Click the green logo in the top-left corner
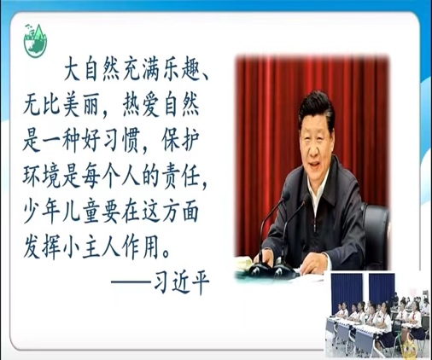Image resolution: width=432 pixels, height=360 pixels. coord(35,41)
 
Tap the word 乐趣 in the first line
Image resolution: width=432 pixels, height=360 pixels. coord(178,72)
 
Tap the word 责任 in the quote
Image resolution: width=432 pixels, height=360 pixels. coord(180,177)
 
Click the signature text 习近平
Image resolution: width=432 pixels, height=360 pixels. coord(181,282)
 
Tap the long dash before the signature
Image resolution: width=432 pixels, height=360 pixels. coord(131,282)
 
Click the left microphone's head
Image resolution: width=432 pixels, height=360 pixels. coord(285,196)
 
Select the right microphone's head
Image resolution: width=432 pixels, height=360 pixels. coord(306,198)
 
